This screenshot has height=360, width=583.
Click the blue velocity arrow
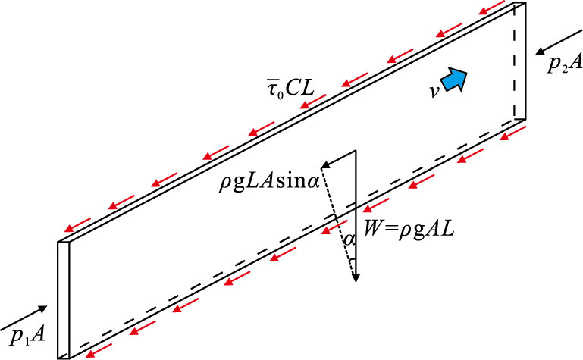[x=454, y=78]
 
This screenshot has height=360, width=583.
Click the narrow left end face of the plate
[x=64, y=299]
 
